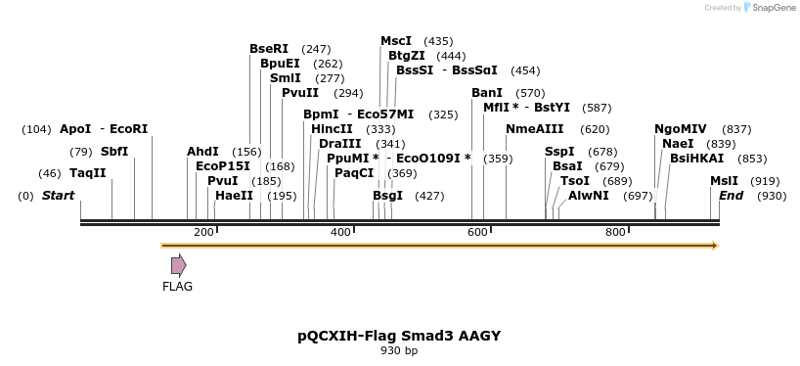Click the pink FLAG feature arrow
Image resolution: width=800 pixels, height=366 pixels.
pos(178,264)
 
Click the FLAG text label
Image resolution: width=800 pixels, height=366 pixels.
pos(178,287)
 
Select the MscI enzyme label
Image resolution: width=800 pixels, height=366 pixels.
pos(396,41)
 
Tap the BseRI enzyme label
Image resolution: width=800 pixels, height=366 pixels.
pos(269,49)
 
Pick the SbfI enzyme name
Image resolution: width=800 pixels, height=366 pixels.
pos(114,152)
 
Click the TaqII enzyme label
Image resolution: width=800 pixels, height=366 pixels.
pos(87,173)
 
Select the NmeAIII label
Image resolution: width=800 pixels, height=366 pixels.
pos(535,129)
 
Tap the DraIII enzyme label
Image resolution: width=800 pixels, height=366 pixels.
pos(341,144)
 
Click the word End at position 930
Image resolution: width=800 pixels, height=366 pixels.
pos(732,196)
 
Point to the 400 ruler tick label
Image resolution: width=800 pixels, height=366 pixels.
pos(341,232)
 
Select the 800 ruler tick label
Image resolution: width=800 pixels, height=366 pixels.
pos(615,232)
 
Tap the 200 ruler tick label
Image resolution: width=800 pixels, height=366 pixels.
pos(204,232)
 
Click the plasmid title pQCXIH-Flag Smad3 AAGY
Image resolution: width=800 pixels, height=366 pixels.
pos(399,336)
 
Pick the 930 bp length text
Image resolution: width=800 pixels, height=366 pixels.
pos(399,350)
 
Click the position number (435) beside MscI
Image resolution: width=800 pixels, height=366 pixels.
pos(438,41)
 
